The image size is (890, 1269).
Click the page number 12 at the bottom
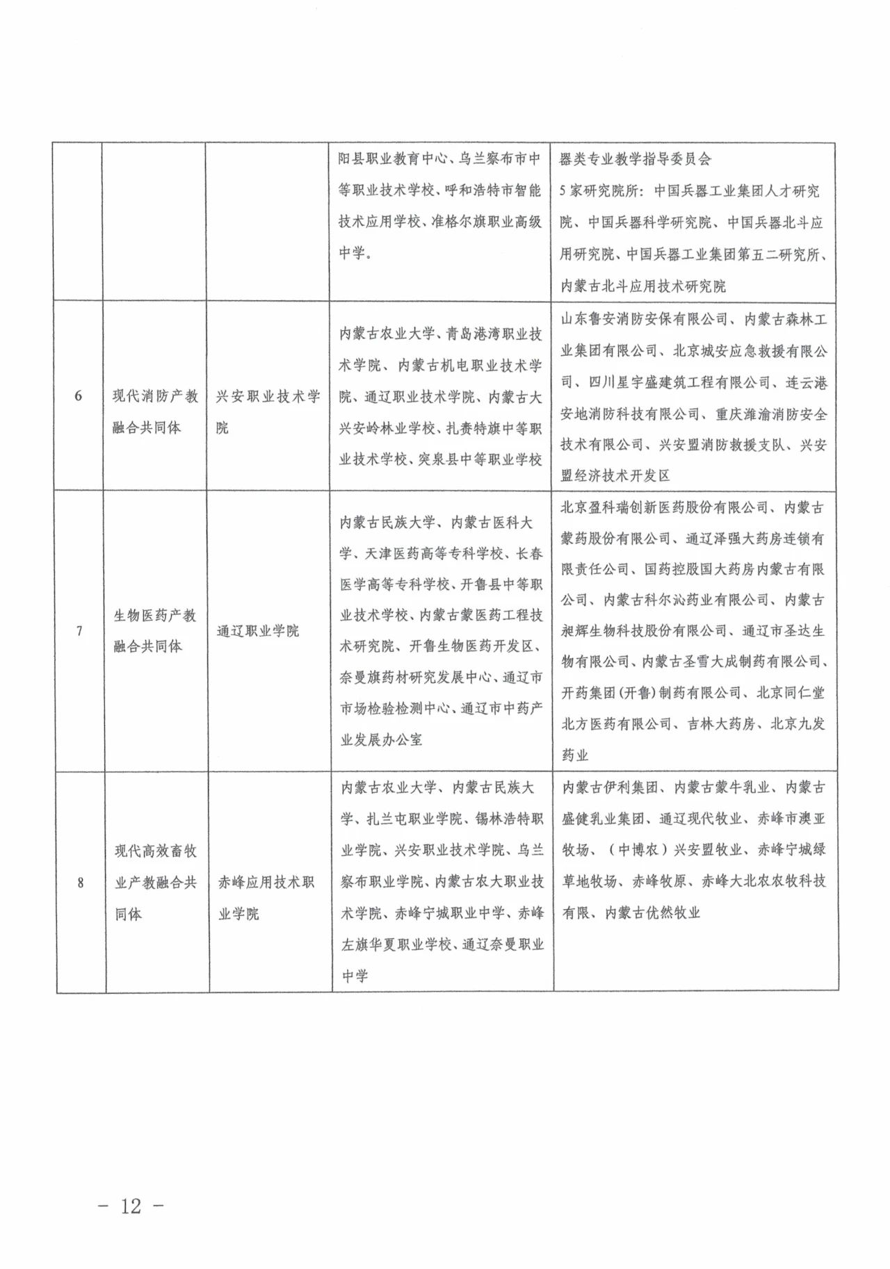pos(131,1205)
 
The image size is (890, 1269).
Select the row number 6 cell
pos(78,396)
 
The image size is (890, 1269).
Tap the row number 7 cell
pos(79,631)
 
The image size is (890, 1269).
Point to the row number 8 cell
pos(80,883)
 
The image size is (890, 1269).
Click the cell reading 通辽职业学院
pos(258,631)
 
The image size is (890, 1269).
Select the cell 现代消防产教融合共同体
pos(155,411)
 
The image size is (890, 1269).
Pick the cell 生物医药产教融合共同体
pos(155,630)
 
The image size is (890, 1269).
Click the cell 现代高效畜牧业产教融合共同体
pos(156,882)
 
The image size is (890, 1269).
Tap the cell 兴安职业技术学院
pos(268,411)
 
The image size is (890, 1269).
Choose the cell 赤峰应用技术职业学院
pos(266,897)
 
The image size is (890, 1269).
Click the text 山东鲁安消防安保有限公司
pos(644,319)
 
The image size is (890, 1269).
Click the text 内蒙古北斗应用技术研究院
pos(643,286)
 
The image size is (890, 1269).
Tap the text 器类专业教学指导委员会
pos(636,159)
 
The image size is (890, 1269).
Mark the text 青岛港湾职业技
pos(494,334)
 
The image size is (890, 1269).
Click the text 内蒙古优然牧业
pos(652,912)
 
